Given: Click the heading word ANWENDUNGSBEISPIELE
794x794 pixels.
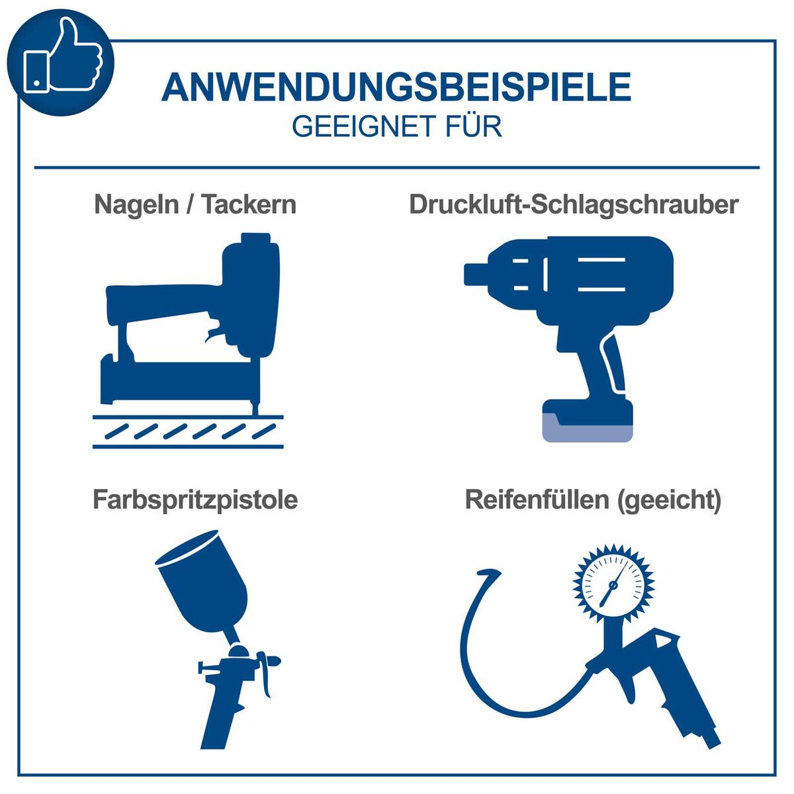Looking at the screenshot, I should coord(396,88).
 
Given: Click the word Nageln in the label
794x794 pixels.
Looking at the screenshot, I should coord(136,205).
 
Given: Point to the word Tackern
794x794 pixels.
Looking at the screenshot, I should coord(249,204).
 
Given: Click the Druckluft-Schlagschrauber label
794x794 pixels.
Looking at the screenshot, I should coord(573,204).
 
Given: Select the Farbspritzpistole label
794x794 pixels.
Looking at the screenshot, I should coord(195,500).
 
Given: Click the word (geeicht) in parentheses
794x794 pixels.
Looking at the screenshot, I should coord(668,500).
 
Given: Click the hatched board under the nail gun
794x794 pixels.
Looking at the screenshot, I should coord(188,431).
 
